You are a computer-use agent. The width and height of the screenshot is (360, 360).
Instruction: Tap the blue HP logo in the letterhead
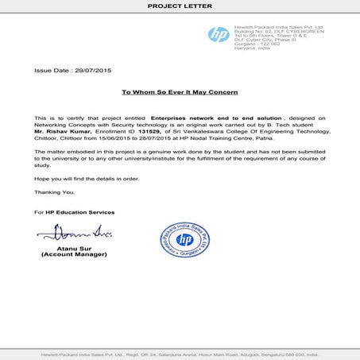click(x=217, y=35)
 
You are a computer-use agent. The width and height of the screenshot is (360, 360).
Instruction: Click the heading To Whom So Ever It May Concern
click(x=179, y=93)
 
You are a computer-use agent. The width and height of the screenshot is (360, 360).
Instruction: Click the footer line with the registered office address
click(x=180, y=352)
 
